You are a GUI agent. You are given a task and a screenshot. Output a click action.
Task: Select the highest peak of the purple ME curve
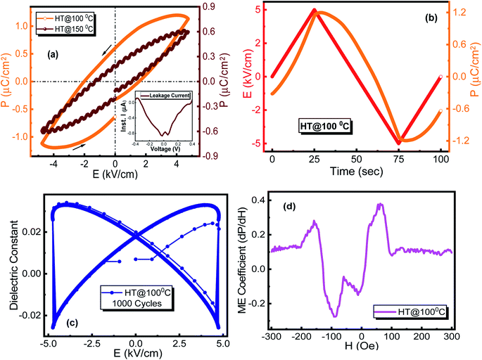(381, 205)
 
